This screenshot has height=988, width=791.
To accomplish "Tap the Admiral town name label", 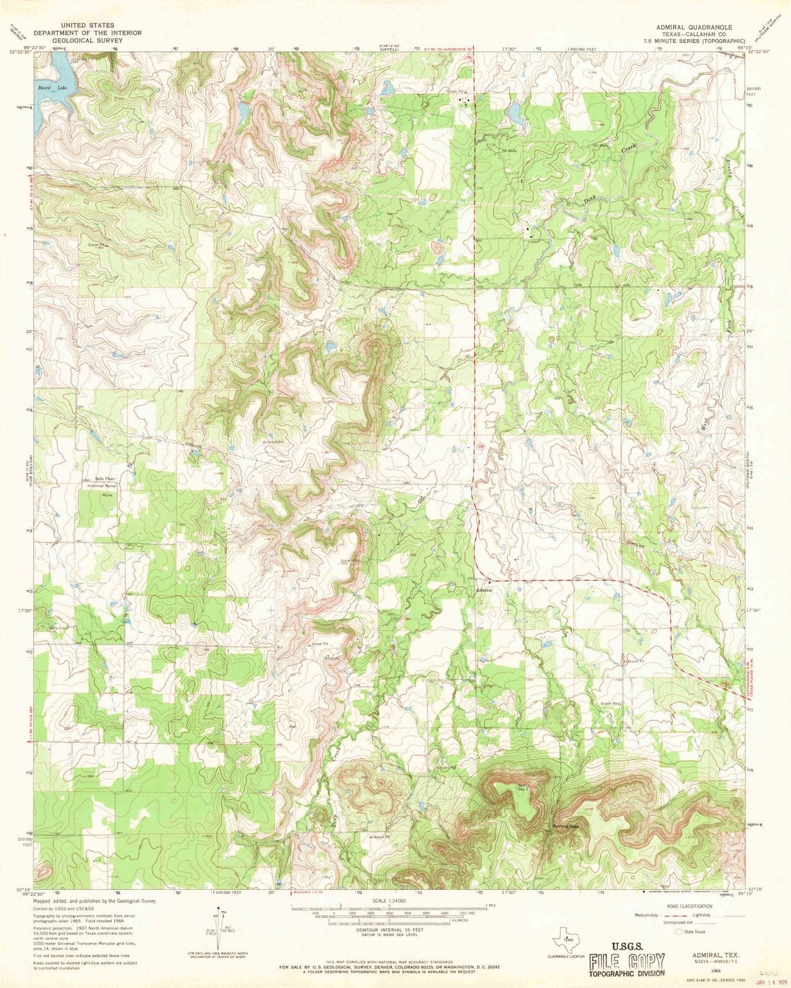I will [484, 590].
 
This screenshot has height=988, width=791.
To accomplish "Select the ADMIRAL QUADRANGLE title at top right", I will [694, 27].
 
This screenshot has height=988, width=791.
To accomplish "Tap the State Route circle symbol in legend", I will [679, 932].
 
